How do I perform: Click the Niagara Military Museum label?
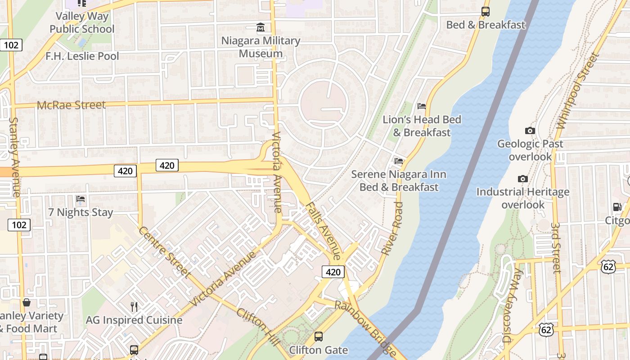261,47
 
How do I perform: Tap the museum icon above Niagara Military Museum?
261,28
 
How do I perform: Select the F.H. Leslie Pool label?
82,56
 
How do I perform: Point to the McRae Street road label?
71,105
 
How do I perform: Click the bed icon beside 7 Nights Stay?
81,198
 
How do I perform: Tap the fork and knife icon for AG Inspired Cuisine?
134,307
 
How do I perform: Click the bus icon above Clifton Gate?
319,336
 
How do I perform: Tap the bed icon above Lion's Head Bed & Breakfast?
421,106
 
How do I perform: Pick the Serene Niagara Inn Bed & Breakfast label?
399,180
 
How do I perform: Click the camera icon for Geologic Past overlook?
530,131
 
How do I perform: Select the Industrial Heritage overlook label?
523,198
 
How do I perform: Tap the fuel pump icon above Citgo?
617,207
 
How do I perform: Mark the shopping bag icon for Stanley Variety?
27,303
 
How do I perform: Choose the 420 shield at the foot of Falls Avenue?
333,272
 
